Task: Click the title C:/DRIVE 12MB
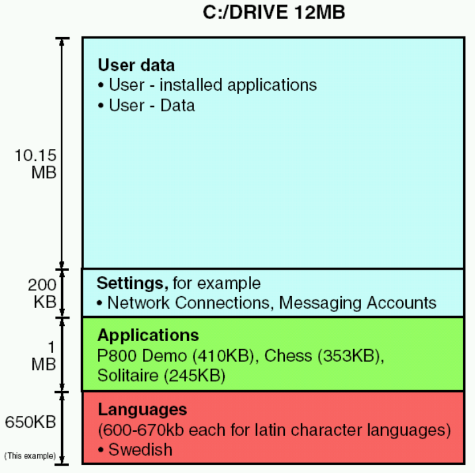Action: (x=274, y=13)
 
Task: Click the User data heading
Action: (x=136, y=66)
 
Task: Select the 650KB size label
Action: (x=30, y=421)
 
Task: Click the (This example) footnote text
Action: (x=30, y=456)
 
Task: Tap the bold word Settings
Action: (x=132, y=284)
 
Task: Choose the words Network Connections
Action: (x=189, y=303)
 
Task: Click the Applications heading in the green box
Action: (x=148, y=335)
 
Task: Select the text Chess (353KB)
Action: (x=324, y=356)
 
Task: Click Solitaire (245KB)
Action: (x=162, y=376)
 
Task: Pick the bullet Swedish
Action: (x=140, y=450)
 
